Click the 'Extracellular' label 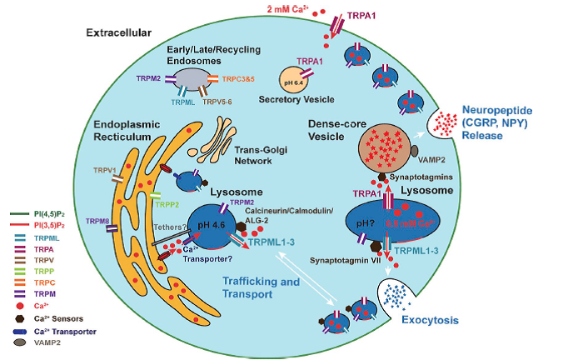click(117, 32)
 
